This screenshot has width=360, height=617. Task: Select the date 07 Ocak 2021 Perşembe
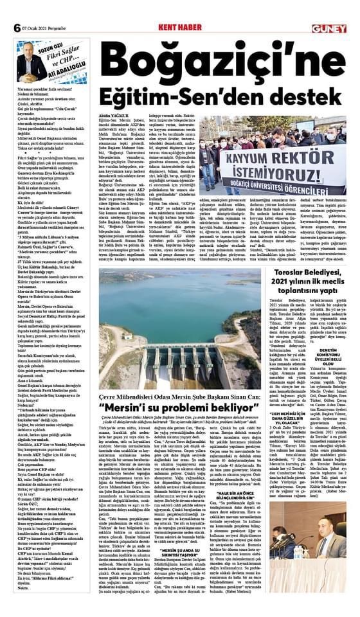coord(44,29)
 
